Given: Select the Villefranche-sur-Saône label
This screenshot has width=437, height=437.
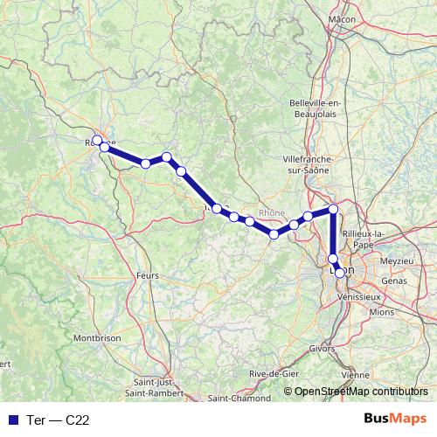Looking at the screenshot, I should pos(310,165).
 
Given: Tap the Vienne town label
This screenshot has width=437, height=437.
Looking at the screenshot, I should pos(355,374).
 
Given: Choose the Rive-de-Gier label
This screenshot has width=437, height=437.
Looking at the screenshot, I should pos(270,374).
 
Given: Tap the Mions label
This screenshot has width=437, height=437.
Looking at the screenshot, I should pos(381,311).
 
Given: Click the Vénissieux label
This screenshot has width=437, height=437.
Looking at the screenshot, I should pos(363,296).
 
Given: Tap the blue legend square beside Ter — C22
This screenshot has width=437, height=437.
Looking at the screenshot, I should pos(12,420).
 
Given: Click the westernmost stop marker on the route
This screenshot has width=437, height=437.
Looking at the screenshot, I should pos(97,140).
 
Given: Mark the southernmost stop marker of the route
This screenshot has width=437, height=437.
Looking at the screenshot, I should pos(340,273).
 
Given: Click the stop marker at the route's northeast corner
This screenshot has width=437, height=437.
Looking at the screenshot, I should pos(333,210).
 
